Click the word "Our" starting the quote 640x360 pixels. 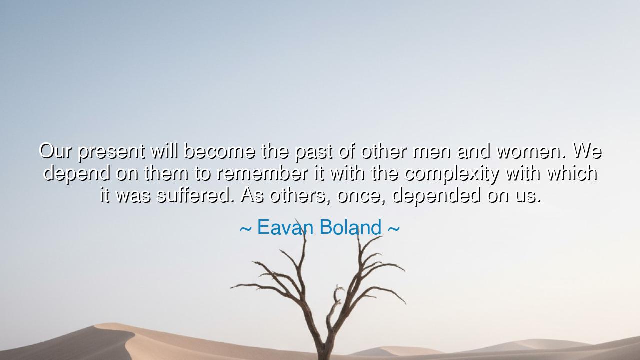click(56, 151)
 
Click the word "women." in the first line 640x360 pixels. click(531, 151)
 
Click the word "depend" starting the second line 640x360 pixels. click(76, 174)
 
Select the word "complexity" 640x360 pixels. click(451, 174)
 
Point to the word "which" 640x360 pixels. click(572, 173)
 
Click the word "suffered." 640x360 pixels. click(195, 195)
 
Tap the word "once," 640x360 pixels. click(361, 195)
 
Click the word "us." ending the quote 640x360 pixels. click(528, 195)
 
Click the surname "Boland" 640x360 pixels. click(350, 228)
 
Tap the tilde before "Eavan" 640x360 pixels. click(245, 229)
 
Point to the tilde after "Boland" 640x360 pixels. click(393, 229)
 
